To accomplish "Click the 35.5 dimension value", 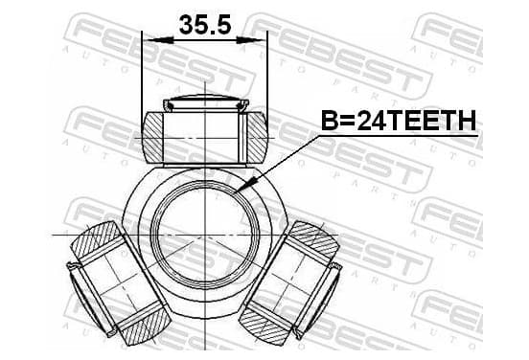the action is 205,25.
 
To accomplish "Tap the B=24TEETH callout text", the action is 399,121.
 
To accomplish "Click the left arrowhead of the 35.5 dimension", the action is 158,40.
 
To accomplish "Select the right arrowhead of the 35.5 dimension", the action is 251,40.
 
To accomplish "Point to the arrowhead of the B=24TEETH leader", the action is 247,185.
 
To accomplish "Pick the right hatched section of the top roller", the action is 258,137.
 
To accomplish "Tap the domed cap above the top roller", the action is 206,102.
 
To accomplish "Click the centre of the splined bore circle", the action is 205,235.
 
